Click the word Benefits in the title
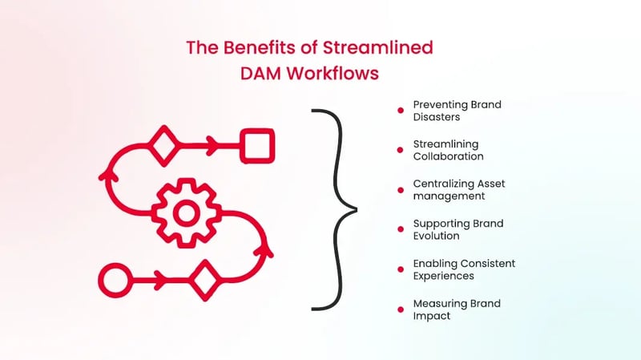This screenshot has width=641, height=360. (256, 47)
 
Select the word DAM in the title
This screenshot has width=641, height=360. (260, 74)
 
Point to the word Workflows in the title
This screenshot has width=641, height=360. (337, 74)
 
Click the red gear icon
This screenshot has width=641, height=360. (186, 212)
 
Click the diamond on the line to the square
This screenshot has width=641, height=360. (164, 146)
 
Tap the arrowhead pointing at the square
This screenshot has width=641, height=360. (212, 146)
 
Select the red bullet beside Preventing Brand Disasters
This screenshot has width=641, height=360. (400, 111)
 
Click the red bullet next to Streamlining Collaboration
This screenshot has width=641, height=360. (400, 150)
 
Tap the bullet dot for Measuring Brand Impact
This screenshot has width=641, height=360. (400, 309)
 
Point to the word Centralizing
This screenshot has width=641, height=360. (443, 183)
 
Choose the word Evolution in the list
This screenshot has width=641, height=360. (438, 236)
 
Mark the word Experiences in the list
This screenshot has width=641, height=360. (443, 276)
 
